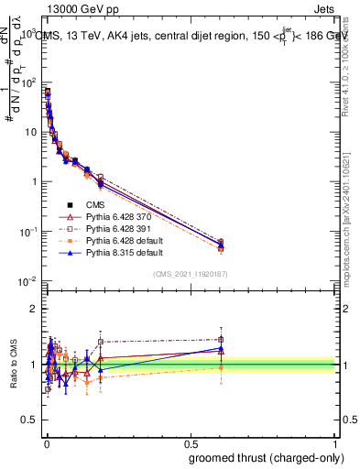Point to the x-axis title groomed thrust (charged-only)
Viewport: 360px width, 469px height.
click(x=266, y=457)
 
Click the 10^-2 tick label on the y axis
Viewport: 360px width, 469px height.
click(x=27, y=280)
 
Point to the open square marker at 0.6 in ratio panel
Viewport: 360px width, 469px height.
click(x=220, y=339)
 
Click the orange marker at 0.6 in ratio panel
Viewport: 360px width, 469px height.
click(x=220, y=368)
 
